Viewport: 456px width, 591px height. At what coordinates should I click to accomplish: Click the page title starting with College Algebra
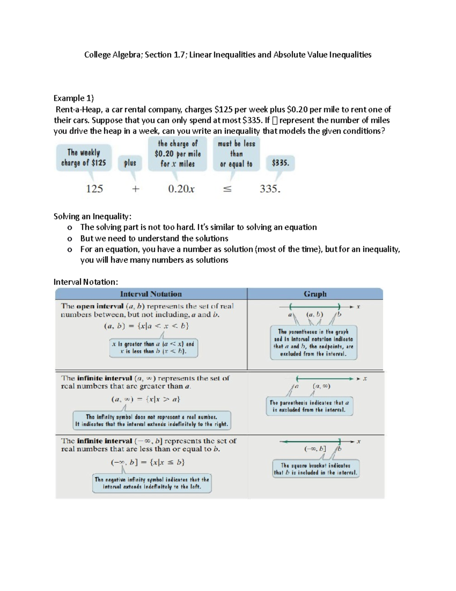(x=228, y=55)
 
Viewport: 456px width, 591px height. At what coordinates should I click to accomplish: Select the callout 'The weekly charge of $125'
(x=84, y=158)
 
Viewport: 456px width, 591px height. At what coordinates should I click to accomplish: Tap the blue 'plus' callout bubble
(x=130, y=163)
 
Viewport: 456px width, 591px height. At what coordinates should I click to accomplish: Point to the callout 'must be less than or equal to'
(x=236, y=154)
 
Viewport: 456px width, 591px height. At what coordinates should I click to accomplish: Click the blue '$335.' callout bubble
(x=280, y=163)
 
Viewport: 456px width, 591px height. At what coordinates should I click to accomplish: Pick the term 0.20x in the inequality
(x=181, y=189)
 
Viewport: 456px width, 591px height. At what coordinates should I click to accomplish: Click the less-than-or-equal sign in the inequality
(x=227, y=189)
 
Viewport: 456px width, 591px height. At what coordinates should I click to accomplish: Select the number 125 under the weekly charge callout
(x=94, y=189)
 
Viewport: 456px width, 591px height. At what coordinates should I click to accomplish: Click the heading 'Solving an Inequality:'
(x=92, y=217)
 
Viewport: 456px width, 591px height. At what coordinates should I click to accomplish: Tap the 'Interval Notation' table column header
(x=151, y=294)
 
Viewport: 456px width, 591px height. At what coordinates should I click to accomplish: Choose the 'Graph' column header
(x=315, y=294)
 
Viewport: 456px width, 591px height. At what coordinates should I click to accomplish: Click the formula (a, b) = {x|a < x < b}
(x=146, y=326)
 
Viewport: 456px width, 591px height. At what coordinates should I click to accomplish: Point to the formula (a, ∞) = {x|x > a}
(x=146, y=399)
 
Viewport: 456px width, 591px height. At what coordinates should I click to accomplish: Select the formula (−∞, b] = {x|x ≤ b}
(x=148, y=463)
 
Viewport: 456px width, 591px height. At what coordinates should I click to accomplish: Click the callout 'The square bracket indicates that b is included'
(x=315, y=469)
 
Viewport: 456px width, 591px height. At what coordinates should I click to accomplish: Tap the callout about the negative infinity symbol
(x=152, y=483)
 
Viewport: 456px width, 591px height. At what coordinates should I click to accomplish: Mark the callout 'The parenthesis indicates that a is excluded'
(x=309, y=406)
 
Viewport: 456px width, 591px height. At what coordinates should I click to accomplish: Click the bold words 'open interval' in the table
(x=100, y=306)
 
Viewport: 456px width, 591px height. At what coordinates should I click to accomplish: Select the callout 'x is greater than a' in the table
(x=153, y=347)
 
